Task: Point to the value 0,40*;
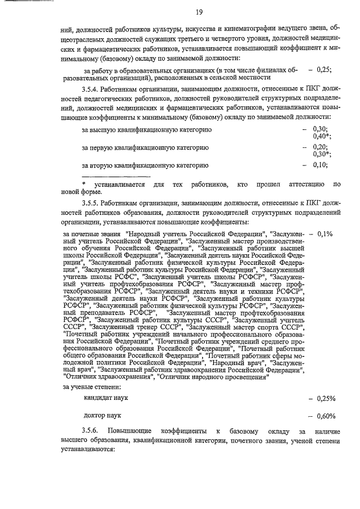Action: [x=322, y=136]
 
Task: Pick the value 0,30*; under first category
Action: [x=322, y=154]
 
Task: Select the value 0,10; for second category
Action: [x=321, y=165]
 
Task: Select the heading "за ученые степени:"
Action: [x=92, y=387]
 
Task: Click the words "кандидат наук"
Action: [x=105, y=398]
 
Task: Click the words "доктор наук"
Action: [x=102, y=416]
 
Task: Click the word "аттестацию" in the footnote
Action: [x=305, y=184]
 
